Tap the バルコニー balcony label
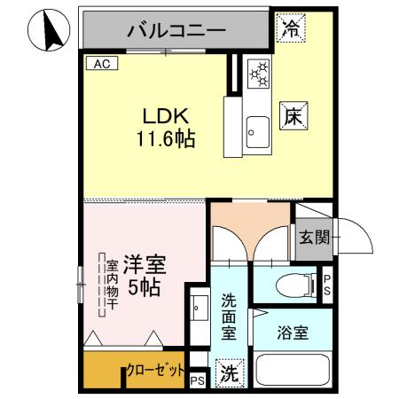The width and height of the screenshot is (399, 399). (176, 30)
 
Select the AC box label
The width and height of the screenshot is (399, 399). (100, 64)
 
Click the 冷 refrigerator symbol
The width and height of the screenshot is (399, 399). (290, 27)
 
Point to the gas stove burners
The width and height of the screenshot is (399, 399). (260, 75)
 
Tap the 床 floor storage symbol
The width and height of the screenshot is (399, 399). (294, 115)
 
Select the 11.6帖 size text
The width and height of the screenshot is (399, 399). (166, 139)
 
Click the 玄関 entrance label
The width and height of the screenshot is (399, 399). (314, 237)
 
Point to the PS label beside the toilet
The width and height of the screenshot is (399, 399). (326, 285)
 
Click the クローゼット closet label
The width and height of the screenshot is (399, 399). (156, 370)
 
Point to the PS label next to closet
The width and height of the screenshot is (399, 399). (197, 381)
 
